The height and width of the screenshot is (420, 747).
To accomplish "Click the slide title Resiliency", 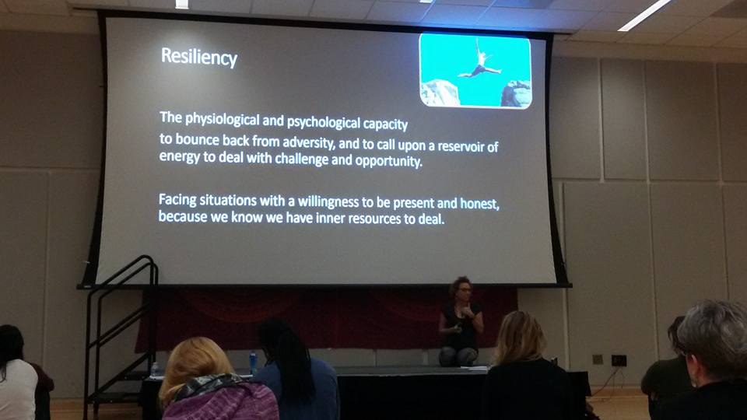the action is tap(199, 57).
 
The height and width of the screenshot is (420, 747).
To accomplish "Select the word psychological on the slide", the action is tap(324, 123).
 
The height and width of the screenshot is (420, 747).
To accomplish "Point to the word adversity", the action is tap(309, 142).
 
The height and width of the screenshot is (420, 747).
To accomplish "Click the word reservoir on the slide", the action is tap(461, 146).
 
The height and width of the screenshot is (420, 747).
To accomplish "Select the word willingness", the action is tap(328, 202).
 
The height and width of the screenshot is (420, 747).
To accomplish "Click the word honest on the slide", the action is tap(479, 204).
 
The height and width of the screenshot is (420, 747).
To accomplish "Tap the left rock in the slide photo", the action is tap(440, 93).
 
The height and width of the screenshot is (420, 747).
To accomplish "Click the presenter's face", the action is tap(464, 289).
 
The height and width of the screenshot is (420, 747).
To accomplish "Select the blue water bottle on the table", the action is tap(253, 362).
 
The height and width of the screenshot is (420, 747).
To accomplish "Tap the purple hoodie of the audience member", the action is tap(220, 399).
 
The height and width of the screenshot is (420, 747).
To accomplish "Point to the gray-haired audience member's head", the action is tap(712, 339).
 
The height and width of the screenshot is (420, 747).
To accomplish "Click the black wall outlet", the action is tap(619, 360).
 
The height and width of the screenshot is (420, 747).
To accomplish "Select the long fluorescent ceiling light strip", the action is tap(644, 15).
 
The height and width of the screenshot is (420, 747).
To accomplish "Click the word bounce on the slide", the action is tap(197, 139).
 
